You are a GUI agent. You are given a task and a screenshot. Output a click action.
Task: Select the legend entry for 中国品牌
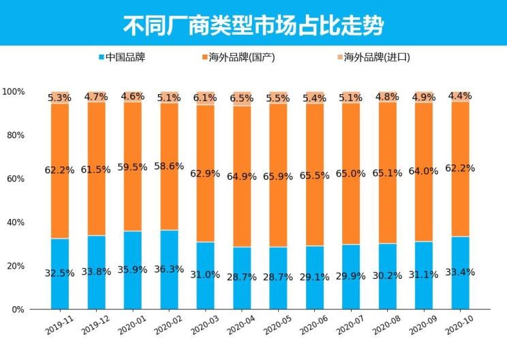pos(122,58)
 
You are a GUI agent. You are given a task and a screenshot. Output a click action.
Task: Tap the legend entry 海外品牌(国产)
pos(239,58)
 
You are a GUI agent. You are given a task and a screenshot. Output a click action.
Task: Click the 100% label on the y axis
pos(14,91)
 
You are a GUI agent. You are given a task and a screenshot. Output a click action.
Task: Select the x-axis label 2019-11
pos(59,325)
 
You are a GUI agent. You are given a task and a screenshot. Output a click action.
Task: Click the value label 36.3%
pos(170,269)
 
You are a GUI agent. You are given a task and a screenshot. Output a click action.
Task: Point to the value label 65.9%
pos(279,175)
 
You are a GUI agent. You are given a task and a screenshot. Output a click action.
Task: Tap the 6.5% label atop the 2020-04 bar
pos(242,98)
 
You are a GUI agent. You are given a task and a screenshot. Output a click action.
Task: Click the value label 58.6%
pos(170,166)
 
